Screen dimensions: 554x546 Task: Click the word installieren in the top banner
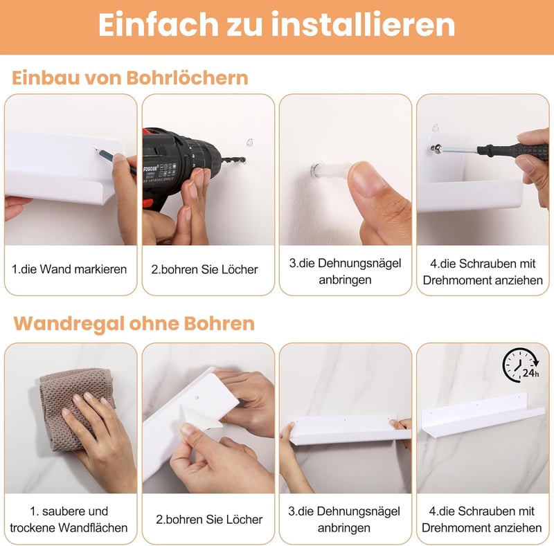pyautogui.click(x=363, y=24)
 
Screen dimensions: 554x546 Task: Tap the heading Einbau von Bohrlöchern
pyautogui.click(x=130, y=78)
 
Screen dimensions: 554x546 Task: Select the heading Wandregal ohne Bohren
pyautogui.click(x=134, y=324)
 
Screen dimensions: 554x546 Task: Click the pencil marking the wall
pyautogui.click(x=115, y=161)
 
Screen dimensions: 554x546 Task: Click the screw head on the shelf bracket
pyautogui.click(x=436, y=149)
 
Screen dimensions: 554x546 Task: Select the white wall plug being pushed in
pyautogui.click(x=332, y=171)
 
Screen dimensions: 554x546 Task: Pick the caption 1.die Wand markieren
pyautogui.click(x=69, y=269)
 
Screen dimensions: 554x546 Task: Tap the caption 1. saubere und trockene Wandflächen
pyautogui.click(x=69, y=519)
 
